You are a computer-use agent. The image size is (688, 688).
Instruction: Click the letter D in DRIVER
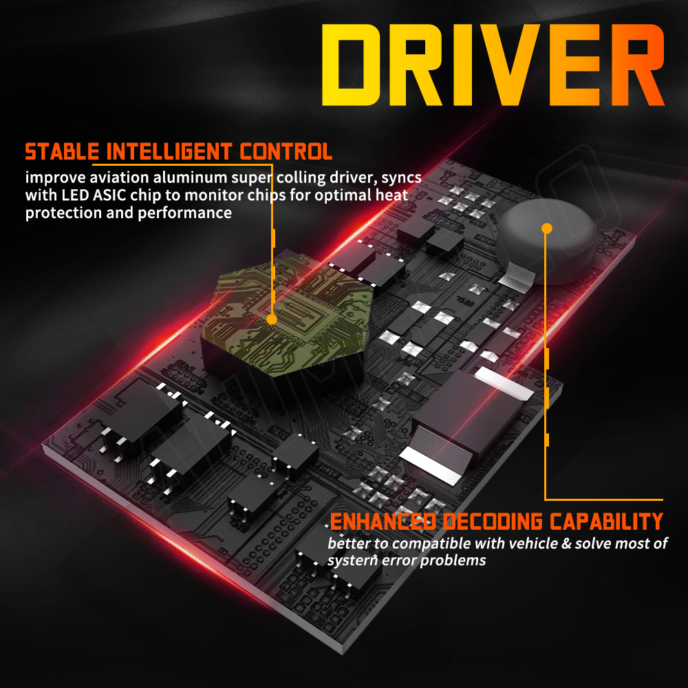coord(350,65)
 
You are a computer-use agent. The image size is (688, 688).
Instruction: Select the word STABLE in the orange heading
coord(62,152)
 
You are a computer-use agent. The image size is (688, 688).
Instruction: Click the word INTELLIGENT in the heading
coord(169,152)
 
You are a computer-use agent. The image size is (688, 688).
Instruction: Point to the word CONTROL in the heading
coord(286,152)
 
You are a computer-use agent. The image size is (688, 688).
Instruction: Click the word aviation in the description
coord(119,178)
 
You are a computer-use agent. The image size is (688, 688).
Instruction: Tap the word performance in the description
coord(184,213)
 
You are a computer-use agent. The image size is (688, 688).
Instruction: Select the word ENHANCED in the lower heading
coord(383,522)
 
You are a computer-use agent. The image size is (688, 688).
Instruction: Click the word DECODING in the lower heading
coord(493,522)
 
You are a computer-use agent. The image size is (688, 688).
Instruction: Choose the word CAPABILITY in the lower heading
coord(606,522)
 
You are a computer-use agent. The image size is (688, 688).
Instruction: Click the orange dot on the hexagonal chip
coord(272,319)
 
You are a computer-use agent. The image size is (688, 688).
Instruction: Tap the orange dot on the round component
coord(547,228)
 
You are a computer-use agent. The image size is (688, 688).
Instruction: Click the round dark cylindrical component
coord(547,241)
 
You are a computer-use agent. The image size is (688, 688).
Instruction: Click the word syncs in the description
coord(401,178)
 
